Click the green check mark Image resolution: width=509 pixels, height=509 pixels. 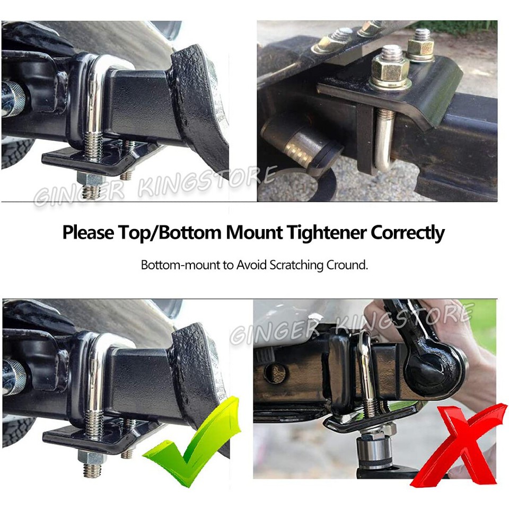click(x=191, y=443)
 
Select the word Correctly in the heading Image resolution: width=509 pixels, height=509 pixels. click(x=408, y=233)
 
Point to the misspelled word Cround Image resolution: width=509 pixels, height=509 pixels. click(x=349, y=265)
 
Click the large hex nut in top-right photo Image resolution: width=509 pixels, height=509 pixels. click(x=390, y=69)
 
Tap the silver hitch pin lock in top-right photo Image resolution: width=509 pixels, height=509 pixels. click(x=297, y=143)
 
